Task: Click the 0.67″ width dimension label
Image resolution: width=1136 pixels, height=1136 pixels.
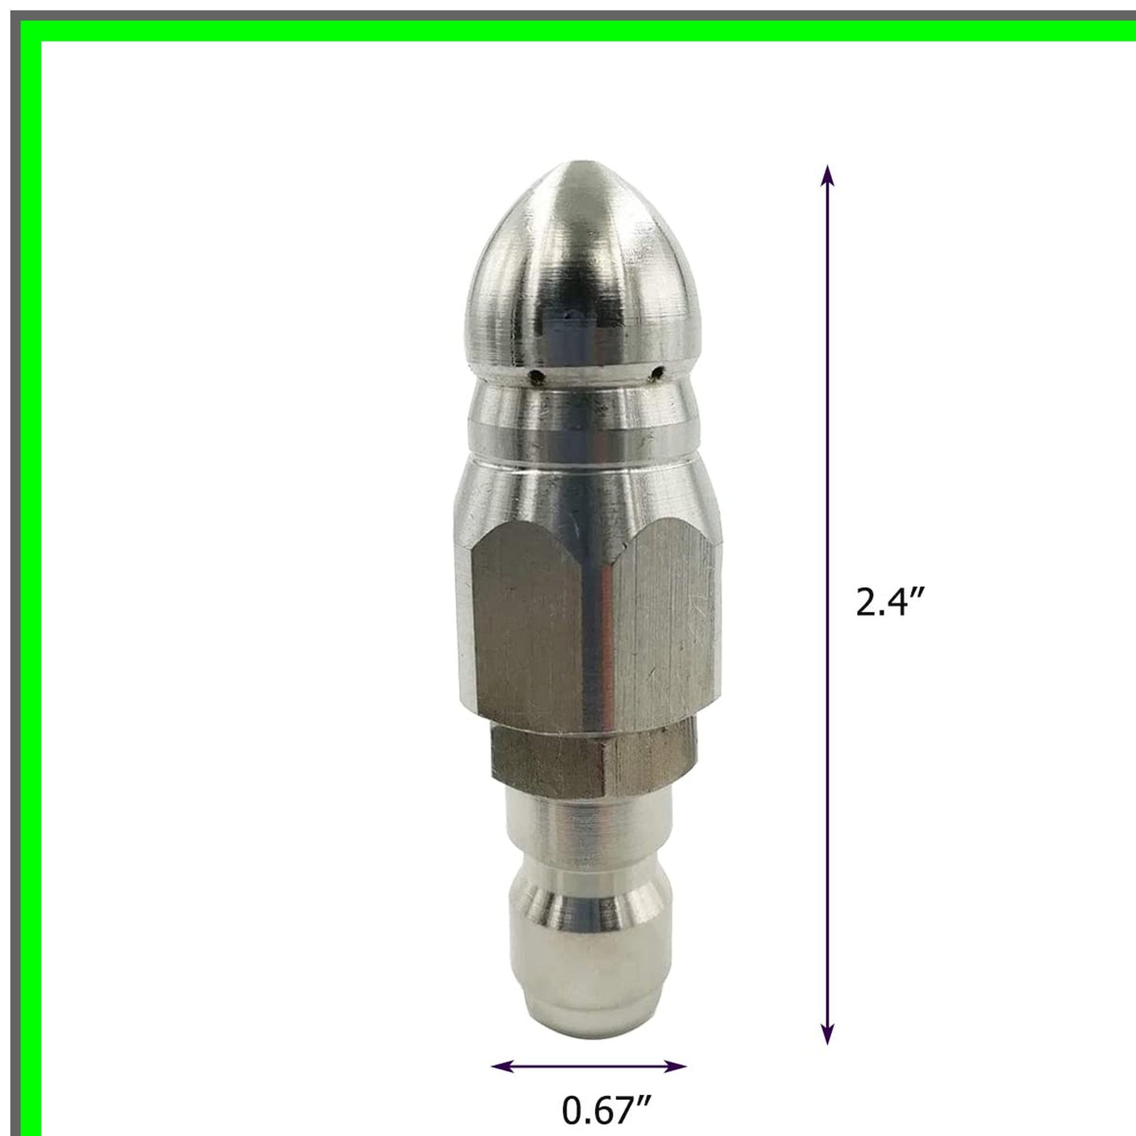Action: tap(605, 1110)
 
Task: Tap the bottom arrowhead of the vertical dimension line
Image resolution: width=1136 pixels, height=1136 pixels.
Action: tap(827, 1035)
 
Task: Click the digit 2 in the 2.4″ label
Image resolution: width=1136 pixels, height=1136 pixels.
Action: tap(866, 604)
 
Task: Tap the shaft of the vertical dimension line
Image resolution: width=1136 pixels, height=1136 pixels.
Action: tap(827, 472)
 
